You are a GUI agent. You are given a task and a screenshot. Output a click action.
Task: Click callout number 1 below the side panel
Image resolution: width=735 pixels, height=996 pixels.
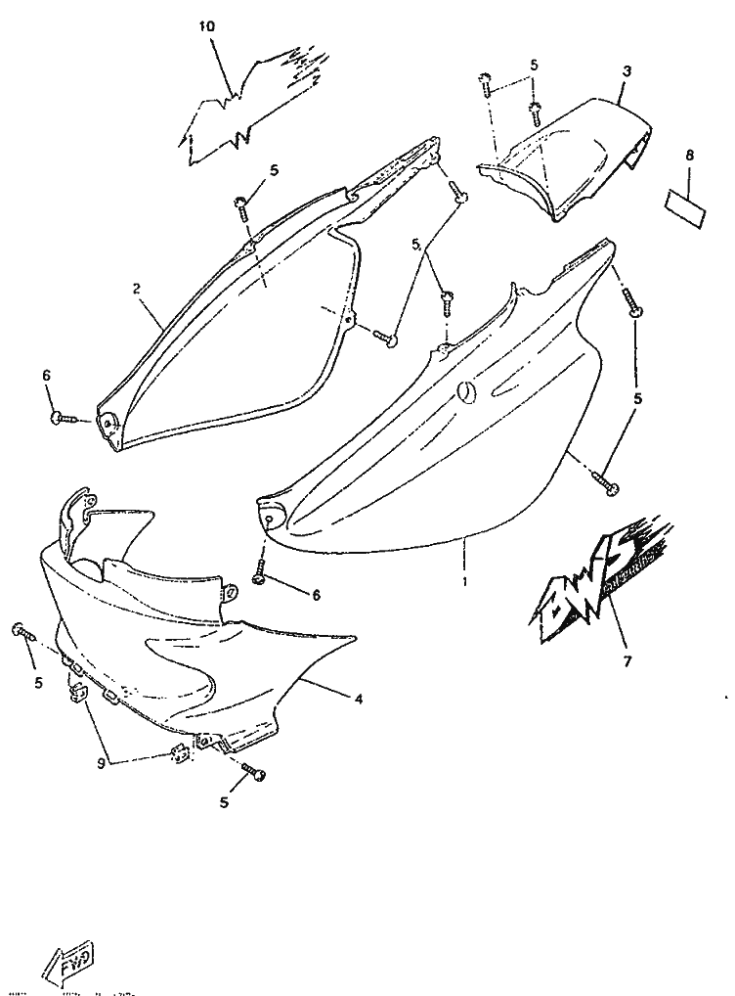(465, 581)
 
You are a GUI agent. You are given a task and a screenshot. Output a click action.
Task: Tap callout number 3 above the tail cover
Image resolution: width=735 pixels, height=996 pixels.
(627, 71)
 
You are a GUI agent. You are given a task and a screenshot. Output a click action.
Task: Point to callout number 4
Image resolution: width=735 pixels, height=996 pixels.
(359, 700)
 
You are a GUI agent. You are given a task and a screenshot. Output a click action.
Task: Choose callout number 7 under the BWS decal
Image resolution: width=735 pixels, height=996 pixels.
(627, 661)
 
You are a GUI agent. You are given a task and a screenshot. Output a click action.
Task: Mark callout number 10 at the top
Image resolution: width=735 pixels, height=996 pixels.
(206, 26)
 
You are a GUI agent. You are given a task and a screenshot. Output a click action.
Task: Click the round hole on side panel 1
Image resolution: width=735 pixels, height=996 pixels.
(467, 391)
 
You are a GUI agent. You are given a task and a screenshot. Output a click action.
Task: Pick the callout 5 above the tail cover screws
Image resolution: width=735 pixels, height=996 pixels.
(534, 65)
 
